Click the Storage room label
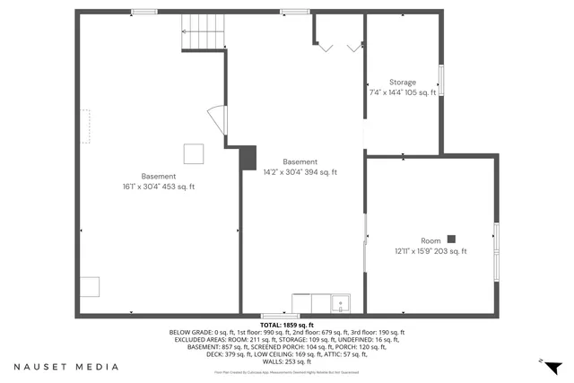(403, 82)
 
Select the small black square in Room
(451, 239)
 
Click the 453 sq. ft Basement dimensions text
(159, 187)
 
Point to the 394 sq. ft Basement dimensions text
(300, 172)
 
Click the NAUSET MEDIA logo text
(66, 367)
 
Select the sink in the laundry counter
(340, 303)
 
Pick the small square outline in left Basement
(193, 153)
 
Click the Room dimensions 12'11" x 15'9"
(431, 251)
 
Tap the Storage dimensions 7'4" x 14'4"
(403, 92)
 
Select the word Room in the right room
(431, 240)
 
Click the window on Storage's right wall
(439, 81)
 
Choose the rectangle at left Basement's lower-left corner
(89, 287)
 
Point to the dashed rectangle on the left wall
(85, 126)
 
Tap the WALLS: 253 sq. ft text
(286, 361)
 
